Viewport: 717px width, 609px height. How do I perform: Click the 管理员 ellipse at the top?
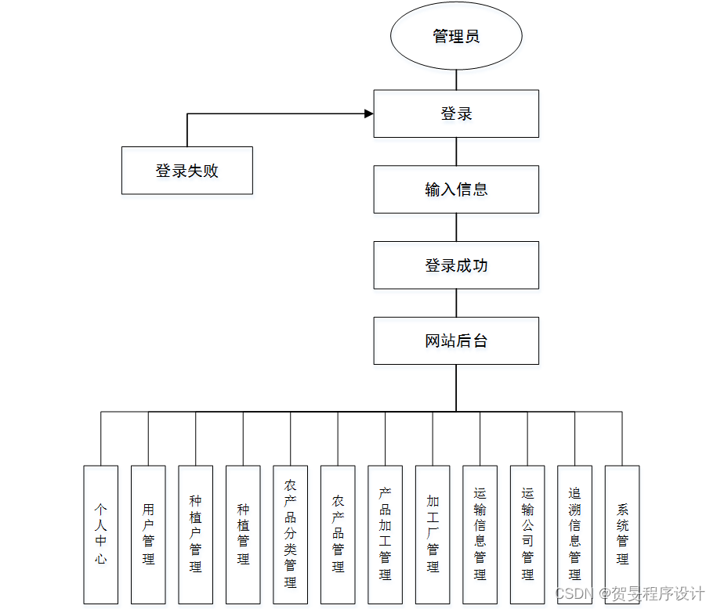tap(456, 37)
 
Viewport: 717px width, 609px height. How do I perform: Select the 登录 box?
tap(456, 114)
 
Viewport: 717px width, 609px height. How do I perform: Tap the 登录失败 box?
tap(186, 171)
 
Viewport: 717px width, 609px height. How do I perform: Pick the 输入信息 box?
tap(456, 189)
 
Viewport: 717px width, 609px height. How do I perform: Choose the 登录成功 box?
tap(456, 265)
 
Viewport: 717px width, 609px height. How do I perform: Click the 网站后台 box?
tap(456, 341)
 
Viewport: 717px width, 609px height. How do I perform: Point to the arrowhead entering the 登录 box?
tap(368, 114)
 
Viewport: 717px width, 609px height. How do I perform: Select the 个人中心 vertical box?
tap(101, 535)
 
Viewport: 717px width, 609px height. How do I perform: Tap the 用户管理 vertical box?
tap(148, 535)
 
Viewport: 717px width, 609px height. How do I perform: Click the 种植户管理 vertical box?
tap(196, 535)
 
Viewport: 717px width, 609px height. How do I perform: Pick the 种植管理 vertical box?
tap(243, 535)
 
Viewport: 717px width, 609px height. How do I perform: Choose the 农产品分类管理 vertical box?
tap(291, 535)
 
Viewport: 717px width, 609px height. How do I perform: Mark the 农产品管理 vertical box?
tap(338, 535)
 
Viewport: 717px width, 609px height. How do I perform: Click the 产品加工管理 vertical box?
tap(385, 535)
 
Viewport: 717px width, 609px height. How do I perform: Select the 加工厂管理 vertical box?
tap(433, 535)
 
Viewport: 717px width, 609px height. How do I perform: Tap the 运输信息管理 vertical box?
tap(480, 535)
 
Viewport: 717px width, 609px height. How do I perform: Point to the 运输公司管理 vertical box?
tap(527, 535)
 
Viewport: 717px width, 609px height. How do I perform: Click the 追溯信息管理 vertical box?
tap(574, 535)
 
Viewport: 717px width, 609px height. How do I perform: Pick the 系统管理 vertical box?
tap(622, 535)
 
